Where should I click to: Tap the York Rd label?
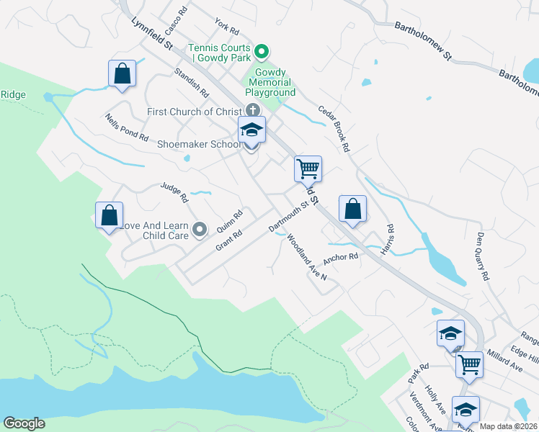(226, 29)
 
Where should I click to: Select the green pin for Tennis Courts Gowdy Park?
(262, 51)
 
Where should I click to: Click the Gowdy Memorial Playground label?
(272, 83)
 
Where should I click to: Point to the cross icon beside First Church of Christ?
(251, 111)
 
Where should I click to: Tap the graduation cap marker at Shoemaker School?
(251, 131)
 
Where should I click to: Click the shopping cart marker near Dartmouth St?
(308, 169)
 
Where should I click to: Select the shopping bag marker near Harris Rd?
(352, 210)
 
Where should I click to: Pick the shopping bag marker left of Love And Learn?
(109, 215)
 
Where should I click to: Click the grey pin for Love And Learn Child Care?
(200, 230)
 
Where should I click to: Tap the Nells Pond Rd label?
(126, 127)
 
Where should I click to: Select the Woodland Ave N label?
(306, 257)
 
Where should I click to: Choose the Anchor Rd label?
(340, 257)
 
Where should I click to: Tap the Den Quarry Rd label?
(483, 256)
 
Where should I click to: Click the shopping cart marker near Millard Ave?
(469, 364)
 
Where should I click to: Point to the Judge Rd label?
(174, 192)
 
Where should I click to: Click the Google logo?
(24, 423)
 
